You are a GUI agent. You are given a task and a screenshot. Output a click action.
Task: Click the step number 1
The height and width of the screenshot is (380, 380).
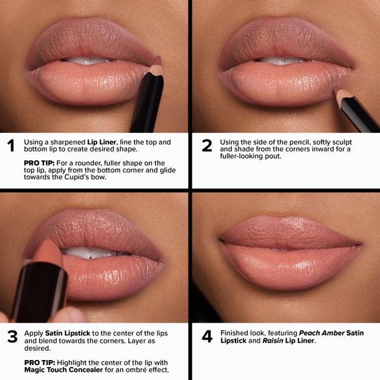(11, 146)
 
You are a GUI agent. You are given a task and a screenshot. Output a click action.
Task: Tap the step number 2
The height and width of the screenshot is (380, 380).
(207, 146)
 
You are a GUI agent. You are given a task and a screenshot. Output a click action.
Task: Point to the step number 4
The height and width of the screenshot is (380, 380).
(207, 337)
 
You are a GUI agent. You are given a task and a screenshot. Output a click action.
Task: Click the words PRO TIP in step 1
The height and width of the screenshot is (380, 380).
(37, 163)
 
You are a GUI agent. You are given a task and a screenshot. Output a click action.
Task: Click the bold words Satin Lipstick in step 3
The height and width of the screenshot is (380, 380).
(67, 333)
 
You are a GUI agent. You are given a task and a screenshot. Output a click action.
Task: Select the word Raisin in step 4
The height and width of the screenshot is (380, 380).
(275, 341)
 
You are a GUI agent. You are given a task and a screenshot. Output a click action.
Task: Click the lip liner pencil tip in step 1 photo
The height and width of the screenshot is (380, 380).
(157, 63)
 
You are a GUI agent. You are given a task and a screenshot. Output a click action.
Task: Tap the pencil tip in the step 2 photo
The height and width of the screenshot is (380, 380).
(339, 94)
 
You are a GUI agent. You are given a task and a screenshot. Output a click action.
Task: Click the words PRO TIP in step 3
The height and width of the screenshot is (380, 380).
(37, 362)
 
